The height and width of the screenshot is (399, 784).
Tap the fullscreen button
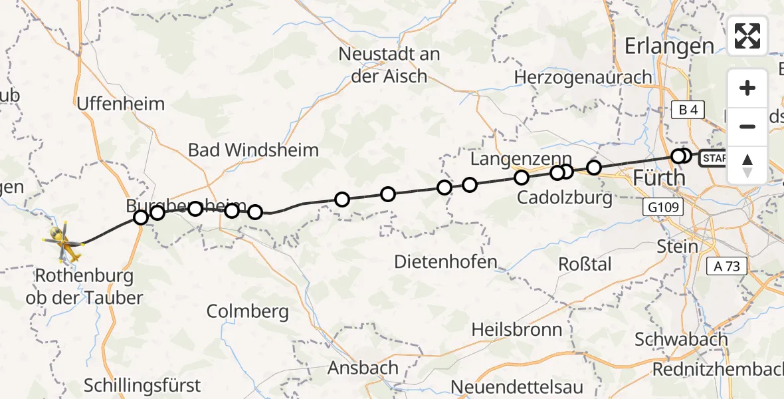747,36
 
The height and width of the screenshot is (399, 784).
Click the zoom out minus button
747,126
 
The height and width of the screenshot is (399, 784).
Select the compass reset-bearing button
747,165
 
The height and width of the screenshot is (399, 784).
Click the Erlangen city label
669,47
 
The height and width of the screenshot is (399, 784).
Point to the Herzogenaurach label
583,77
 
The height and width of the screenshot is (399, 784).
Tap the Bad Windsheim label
253,150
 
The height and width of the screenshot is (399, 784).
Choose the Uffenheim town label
121,104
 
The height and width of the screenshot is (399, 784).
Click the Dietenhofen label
446,261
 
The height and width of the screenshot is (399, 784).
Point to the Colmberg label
247,311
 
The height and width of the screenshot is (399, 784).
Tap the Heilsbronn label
517,329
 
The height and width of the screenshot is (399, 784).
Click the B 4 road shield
687,110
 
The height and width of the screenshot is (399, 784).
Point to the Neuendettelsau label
517,386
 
